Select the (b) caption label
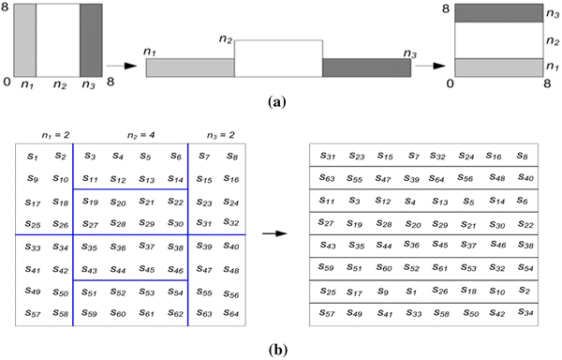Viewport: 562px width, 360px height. click(x=278, y=351)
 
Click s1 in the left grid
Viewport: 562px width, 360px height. click(x=33, y=157)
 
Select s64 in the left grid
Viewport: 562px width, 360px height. click(x=230, y=312)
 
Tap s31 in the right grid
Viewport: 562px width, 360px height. click(x=328, y=157)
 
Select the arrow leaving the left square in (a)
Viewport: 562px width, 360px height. click(x=119, y=67)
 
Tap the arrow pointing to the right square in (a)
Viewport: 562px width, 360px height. click(x=429, y=67)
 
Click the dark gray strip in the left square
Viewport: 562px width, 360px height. click(x=92, y=39)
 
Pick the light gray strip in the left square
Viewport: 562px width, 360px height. click(x=25, y=39)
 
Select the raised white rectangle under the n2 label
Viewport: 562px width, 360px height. click(x=278, y=58)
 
